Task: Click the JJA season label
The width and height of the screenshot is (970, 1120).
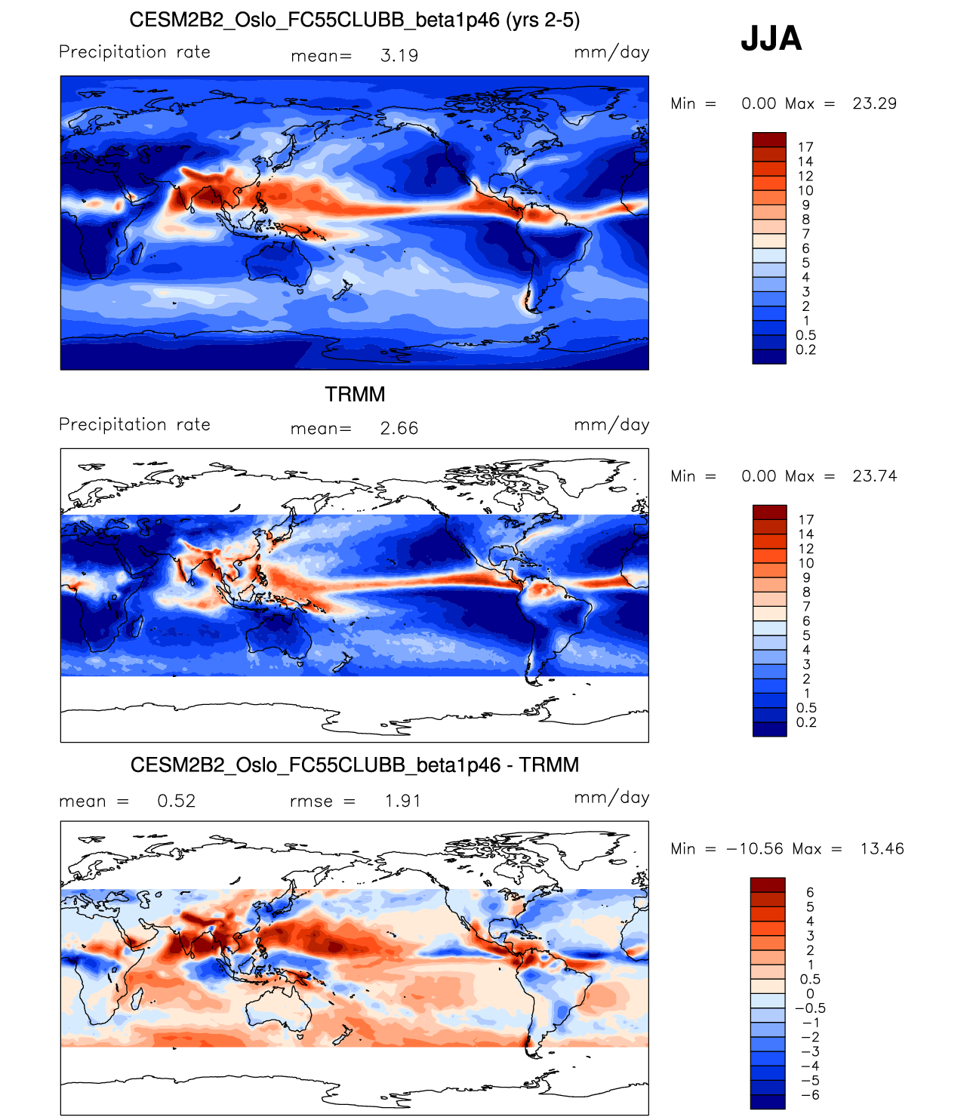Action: coord(771,38)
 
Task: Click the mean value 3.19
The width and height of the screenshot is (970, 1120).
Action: coord(399,56)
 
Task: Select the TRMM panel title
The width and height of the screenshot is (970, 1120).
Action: coord(355,394)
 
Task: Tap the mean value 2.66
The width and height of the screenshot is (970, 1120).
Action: coord(399,429)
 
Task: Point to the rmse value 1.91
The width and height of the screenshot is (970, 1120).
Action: coord(402,802)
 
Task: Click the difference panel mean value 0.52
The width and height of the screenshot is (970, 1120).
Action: coord(177,802)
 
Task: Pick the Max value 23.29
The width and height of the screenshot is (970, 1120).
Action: coord(874,104)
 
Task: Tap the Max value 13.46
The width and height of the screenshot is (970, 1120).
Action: coord(882,849)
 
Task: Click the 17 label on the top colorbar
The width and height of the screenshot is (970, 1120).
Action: coord(805,147)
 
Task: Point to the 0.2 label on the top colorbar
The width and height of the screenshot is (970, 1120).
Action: coord(805,349)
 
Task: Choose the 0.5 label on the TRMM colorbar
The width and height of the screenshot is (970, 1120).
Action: coord(806,708)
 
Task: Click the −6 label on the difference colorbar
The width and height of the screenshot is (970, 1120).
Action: coord(810,1095)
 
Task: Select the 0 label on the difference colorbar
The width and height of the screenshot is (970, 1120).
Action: coord(810,994)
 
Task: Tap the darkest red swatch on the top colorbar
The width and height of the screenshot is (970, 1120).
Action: coord(769,140)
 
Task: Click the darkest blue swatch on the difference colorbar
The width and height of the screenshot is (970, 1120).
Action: coord(768,1102)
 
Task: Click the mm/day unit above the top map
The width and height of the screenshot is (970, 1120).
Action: coord(611,52)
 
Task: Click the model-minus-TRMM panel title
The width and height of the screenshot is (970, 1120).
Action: coord(355,765)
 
